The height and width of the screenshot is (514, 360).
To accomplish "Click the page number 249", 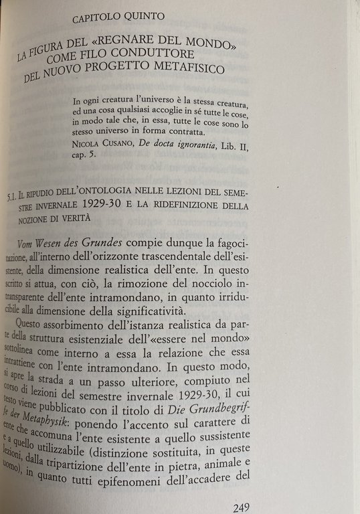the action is point(242,507).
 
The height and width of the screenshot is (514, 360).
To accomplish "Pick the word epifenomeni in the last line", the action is point(163,477).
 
